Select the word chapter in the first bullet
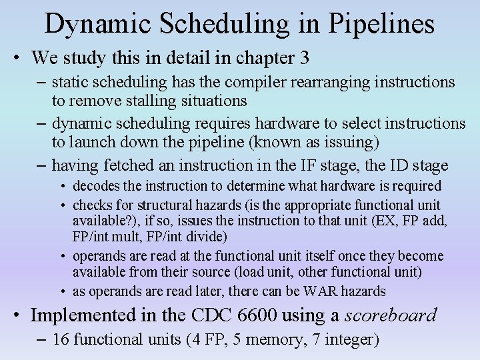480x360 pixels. [x=258, y=58]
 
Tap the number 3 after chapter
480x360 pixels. [x=304, y=58]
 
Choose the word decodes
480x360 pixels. [x=95, y=186]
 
